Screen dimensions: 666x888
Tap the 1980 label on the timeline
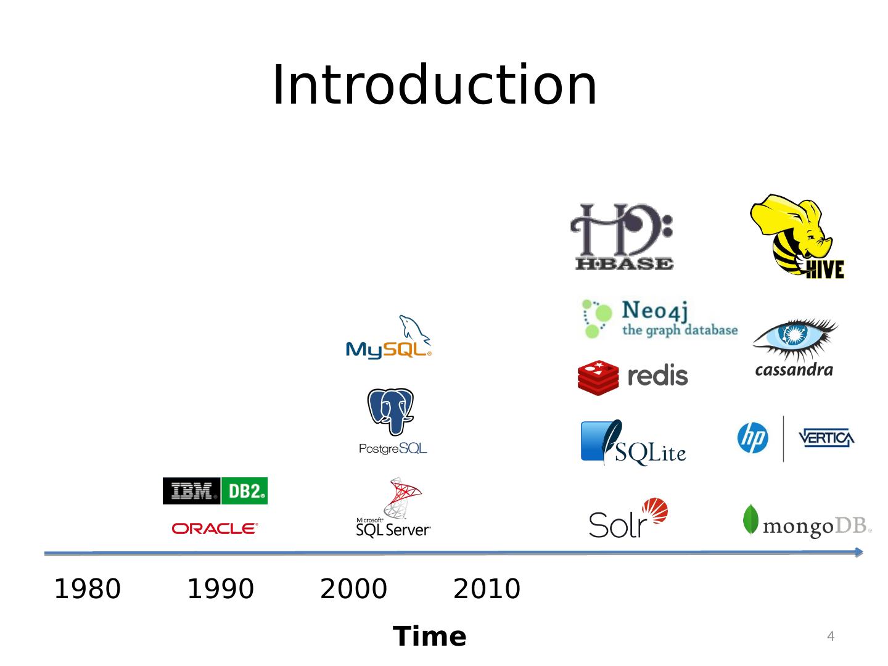click(88, 589)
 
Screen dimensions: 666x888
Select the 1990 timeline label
click(220, 589)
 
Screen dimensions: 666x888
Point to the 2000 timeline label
click(353, 589)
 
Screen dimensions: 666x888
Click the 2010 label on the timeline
click(487, 589)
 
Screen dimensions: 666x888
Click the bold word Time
click(430, 636)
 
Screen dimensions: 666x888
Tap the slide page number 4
click(831, 636)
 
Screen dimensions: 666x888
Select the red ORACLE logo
click(215, 528)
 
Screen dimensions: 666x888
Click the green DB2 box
click(245, 491)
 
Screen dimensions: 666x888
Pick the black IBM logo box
click(192, 491)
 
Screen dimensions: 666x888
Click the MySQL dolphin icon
click(413, 328)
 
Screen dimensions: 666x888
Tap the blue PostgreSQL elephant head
click(390, 410)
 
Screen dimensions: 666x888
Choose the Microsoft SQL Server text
click(393, 528)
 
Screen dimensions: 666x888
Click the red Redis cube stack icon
click(598, 377)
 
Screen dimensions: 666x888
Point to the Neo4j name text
click(654, 310)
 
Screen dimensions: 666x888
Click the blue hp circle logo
click(753, 438)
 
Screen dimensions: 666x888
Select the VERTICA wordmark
click(826, 438)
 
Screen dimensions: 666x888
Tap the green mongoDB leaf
click(750, 519)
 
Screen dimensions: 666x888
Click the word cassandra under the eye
click(794, 370)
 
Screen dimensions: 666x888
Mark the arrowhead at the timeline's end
click(858, 552)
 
